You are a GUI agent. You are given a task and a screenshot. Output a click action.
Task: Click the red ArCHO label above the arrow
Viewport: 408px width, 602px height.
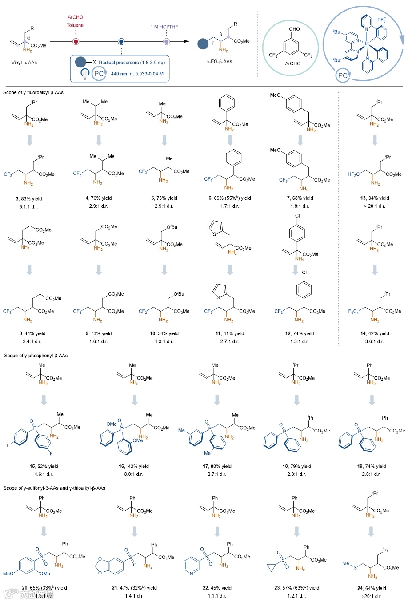75,17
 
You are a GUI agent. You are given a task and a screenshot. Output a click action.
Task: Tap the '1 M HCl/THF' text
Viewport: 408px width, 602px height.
164,27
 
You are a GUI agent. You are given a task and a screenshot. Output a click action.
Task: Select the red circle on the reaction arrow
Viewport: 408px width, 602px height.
76,42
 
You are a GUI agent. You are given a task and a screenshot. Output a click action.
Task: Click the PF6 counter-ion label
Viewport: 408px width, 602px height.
381,20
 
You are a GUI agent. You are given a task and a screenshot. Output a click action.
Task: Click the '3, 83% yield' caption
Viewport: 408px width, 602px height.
29,198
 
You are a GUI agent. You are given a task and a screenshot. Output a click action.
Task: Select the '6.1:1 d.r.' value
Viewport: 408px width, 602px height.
29,206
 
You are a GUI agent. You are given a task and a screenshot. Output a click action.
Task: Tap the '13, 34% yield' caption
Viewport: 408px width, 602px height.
375,198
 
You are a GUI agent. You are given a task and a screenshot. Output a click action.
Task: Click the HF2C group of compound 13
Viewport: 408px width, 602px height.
354,174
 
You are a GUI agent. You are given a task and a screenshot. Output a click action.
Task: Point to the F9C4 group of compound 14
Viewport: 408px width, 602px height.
353,311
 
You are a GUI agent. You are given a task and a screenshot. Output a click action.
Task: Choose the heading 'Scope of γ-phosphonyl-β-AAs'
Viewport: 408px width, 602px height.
36,356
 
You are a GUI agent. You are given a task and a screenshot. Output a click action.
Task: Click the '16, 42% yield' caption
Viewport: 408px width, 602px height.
134,466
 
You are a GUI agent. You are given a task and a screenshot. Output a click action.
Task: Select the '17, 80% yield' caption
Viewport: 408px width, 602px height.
217,466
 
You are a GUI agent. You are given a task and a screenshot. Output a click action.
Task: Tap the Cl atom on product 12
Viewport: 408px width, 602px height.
304,273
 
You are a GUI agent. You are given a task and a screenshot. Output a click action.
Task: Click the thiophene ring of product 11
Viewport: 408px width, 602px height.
220,291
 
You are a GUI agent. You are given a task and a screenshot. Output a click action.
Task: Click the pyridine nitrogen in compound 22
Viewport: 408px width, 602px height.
192,574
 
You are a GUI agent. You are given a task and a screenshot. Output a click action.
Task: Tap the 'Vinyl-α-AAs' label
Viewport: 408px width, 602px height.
24,63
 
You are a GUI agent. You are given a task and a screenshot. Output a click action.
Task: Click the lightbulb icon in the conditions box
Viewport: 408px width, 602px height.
84,74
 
